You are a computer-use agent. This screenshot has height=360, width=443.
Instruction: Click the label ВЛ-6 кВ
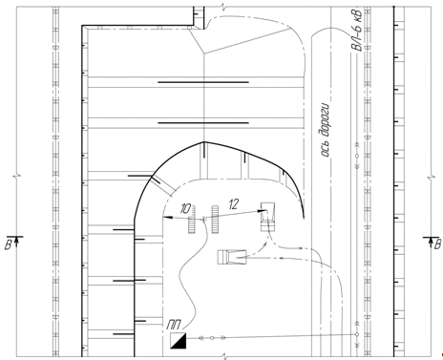click(356, 31)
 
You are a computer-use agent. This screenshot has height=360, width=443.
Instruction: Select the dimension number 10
click(185, 209)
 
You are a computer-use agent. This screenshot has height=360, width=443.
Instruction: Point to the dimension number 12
click(233, 204)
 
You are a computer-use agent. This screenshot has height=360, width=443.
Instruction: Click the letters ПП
click(174, 325)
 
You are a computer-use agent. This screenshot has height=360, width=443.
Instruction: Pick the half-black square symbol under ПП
click(178, 341)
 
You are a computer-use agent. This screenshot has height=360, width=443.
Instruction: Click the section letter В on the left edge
click(8, 244)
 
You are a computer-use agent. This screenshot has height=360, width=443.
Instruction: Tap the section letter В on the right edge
click(437, 244)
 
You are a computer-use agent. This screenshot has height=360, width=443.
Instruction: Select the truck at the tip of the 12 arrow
click(268, 217)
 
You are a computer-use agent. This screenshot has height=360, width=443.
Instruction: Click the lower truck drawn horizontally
click(232, 257)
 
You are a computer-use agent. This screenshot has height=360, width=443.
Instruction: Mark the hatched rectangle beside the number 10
click(192, 220)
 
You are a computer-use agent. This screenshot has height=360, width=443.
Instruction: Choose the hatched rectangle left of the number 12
click(215, 220)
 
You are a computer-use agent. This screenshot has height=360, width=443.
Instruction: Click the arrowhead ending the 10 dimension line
click(167, 218)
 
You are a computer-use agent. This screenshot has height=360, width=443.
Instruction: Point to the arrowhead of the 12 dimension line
click(263, 210)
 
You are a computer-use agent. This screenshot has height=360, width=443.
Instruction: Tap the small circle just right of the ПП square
click(212, 338)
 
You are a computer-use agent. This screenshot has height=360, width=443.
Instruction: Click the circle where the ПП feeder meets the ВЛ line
click(357, 334)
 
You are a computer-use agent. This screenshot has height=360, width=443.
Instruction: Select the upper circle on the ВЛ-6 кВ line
click(357, 156)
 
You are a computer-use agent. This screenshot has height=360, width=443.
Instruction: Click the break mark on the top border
click(225, 7)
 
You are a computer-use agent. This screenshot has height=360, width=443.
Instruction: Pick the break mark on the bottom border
click(225, 356)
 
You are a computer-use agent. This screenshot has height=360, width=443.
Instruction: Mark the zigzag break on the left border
click(17, 176)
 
